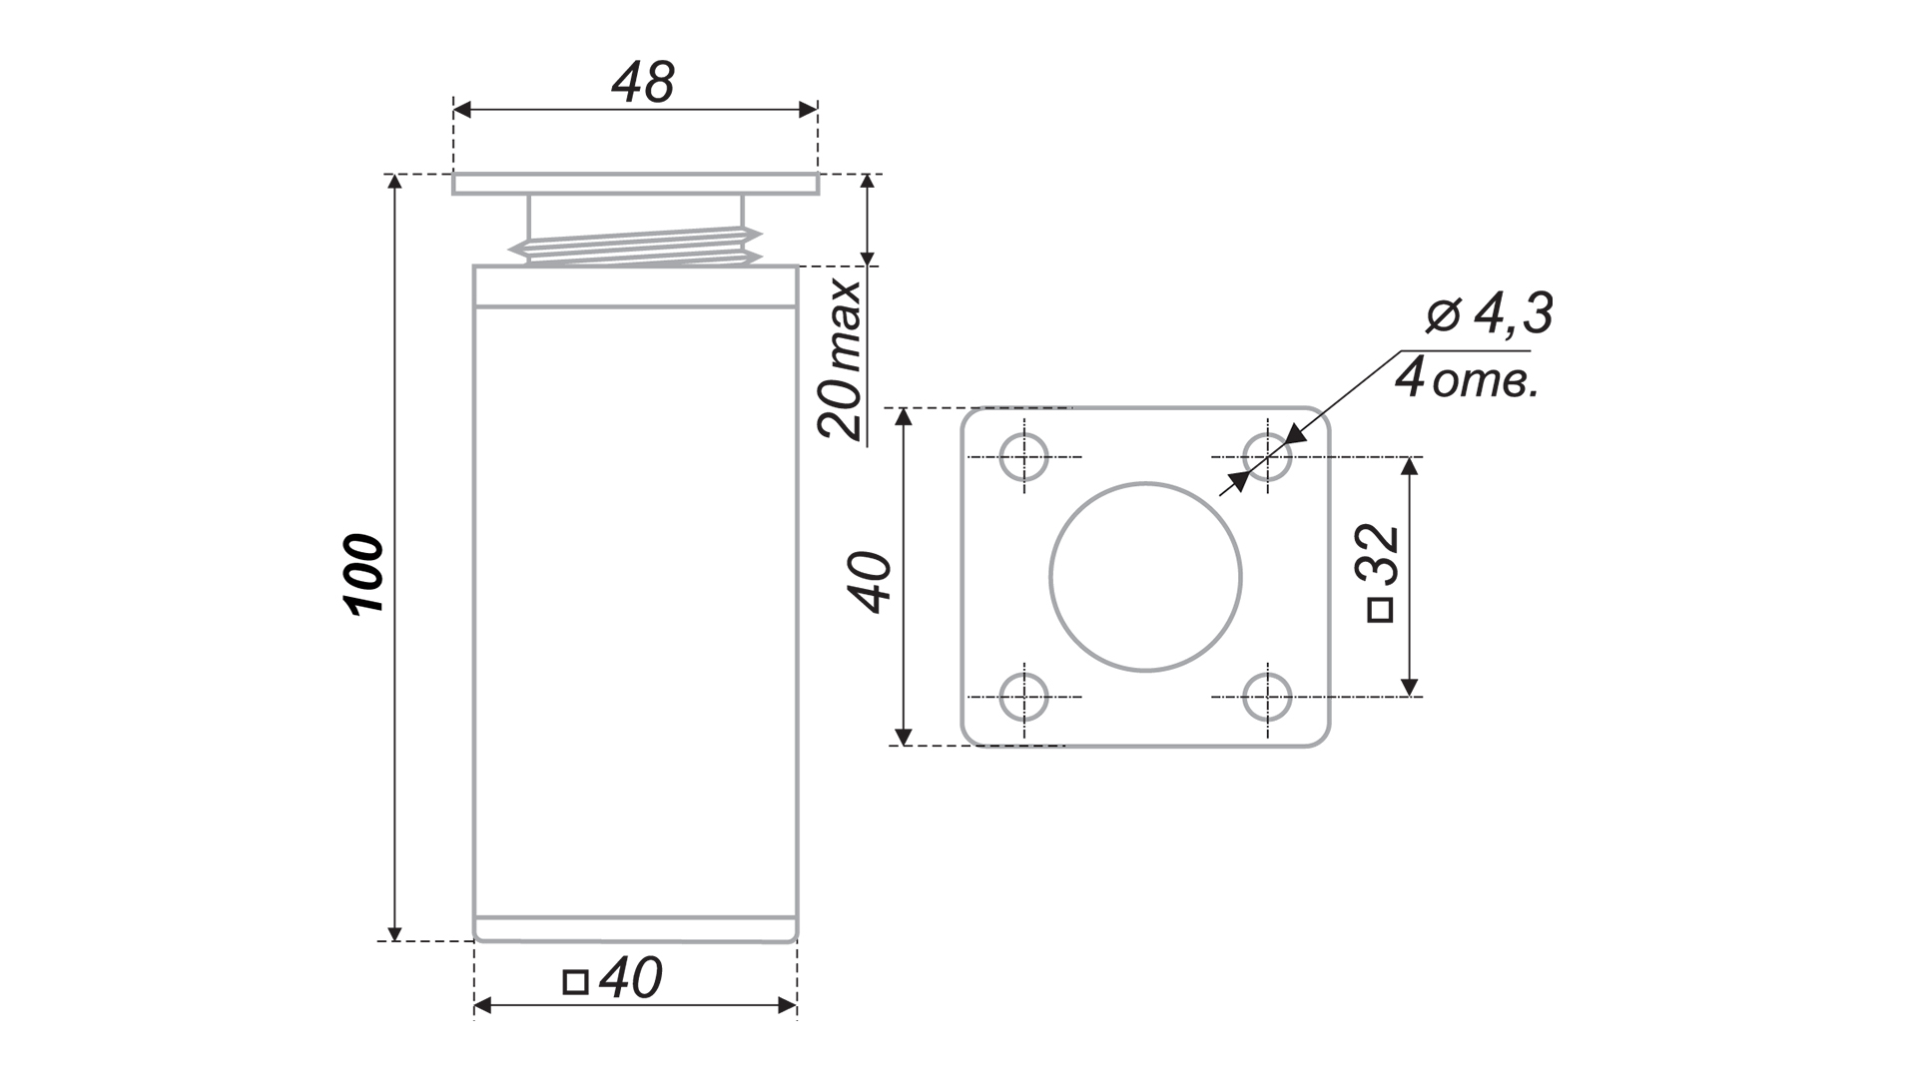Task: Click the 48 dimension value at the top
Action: click(x=643, y=82)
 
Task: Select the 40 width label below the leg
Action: click(x=632, y=979)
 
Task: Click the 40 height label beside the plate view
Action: click(x=871, y=581)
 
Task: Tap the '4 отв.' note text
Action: click(x=1466, y=379)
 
